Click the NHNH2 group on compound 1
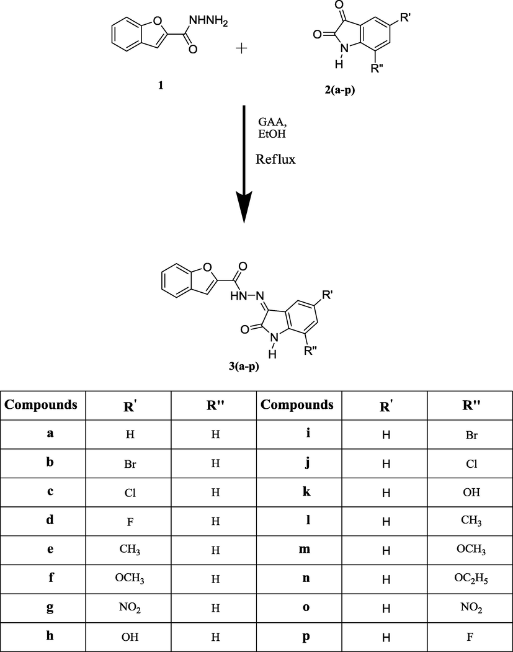208,21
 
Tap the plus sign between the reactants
241,48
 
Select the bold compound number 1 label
161,86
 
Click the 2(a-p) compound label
340,89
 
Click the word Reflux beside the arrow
275,159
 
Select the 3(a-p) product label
244,367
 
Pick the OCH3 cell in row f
130,578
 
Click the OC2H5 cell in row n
471,579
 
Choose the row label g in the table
50,607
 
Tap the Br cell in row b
130,463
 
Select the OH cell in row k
471,493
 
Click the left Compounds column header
41,404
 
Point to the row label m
305,549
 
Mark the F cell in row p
470,636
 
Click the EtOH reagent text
272,134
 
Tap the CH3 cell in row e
130,550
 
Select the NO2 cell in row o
471,607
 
